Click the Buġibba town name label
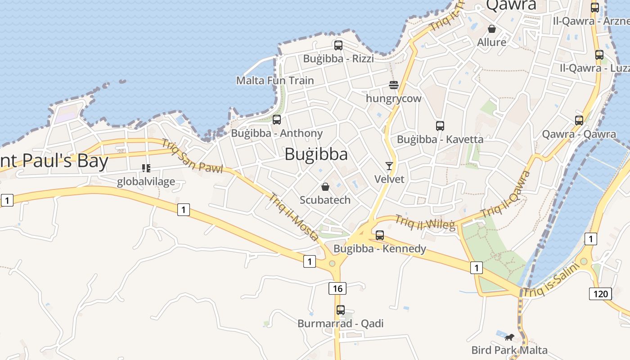pyautogui.click(x=316, y=154)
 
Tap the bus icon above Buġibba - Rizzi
pyautogui.click(x=338, y=45)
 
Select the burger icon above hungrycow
pyautogui.click(x=394, y=85)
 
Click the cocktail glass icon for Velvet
pyautogui.click(x=389, y=166)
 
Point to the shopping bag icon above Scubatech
pyautogui.click(x=325, y=187)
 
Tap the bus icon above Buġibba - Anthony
pyautogui.click(x=277, y=120)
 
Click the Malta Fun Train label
pyautogui.click(x=275, y=81)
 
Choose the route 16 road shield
pyautogui.click(x=337, y=288)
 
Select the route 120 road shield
pyautogui.click(x=600, y=294)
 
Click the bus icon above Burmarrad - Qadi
pyautogui.click(x=341, y=310)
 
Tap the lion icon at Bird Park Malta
pyautogui.click(x=509, y=337)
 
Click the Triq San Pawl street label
pyautogui.click(x=192, y=156)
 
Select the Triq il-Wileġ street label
pyautogui.click(x=425, y=222)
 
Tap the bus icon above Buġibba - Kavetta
pyautogui.click(x=440, y=126)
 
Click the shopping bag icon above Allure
pyautogui.click(x=492, y=29)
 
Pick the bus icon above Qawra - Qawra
pyautogui.click(x=579, y=121)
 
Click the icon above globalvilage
pyautogui.click(x=146, y=168)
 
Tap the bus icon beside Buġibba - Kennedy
pyautogui.click(x=380, y=235)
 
